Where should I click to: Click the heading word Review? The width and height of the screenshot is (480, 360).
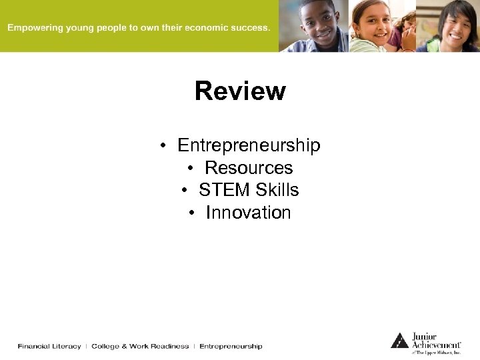(240, 91)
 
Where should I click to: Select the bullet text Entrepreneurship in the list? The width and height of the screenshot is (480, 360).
(249, 145)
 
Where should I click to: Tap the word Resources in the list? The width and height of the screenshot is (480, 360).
(249, 168)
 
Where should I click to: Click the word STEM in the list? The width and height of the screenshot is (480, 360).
(223, 190)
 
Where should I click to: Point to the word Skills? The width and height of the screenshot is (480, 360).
(276, 190)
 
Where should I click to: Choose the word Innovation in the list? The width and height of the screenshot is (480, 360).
(248, 213)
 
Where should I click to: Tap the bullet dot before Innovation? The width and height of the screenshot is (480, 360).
(192, 213)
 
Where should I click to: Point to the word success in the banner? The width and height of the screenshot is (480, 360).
(247, 28)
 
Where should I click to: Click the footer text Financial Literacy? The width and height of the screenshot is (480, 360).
(49, 347)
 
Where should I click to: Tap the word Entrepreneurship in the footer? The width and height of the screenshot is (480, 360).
(231, 347)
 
